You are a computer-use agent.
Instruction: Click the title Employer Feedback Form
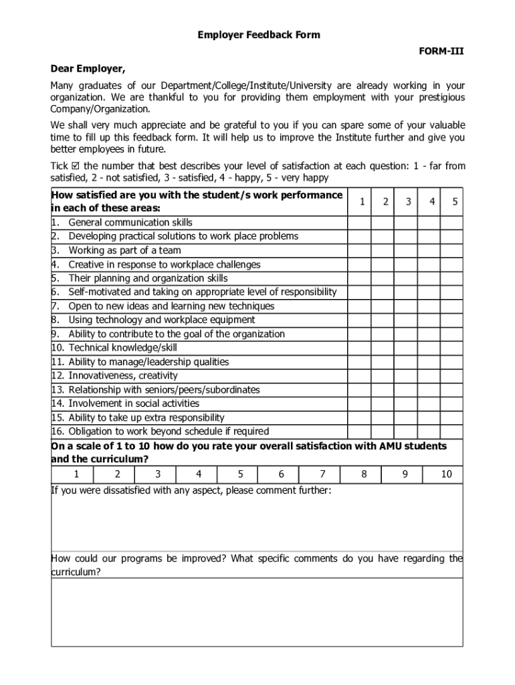click(258, 35)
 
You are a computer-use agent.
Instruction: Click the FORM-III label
click(441, 52)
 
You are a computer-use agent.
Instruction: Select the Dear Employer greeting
click(88, 69)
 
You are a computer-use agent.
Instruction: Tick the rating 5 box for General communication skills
click(453, 222)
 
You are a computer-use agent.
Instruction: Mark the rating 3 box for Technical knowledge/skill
click(407, 348)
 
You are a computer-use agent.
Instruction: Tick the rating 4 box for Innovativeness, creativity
click(431, 376)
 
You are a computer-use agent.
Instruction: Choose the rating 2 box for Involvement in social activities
click(383, 403)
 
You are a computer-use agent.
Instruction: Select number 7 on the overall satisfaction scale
click(322, 474)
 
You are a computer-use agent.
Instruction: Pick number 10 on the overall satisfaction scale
click(446, 474)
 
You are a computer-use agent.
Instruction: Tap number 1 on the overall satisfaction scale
click(76, 474)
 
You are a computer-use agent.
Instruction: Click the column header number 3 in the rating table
click(407, 201)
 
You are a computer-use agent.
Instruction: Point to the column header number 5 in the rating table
click(453, 201)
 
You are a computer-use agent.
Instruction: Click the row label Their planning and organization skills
click(148, 278)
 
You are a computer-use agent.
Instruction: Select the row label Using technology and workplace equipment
click(161, 320)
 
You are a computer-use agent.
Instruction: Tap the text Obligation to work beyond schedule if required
click(169, 431)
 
